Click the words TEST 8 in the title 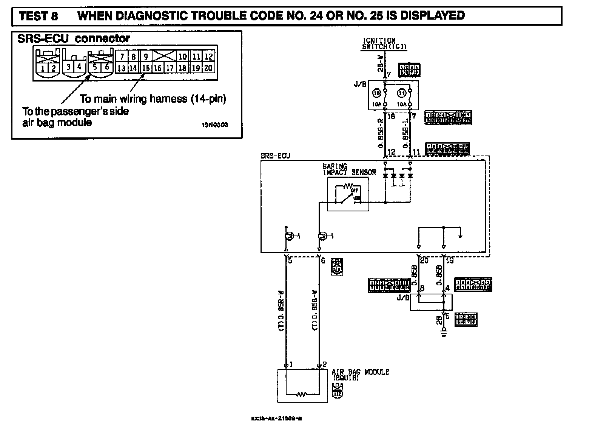[x=38, y=16]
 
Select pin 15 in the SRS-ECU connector [x=146, y=68]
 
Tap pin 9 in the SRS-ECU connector [x=146, y=57]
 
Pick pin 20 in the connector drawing [x=208, y=68]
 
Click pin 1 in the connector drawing [x=43, y=68]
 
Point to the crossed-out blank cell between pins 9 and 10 [x=164, y=57]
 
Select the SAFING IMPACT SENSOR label [x=349, y=169]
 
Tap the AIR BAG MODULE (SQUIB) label [x=360, y=374]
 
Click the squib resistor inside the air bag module [x=301, y=395]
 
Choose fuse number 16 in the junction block [x=376, y=93]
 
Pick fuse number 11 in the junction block [x=402, y=93]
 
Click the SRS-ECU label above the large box [x=275, y=156]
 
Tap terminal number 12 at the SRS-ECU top [x=391, y=152]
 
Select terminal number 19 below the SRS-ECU [x=450, y=260]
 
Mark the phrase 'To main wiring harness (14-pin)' [x=153, y=99]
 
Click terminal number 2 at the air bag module [x=324, y=365]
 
